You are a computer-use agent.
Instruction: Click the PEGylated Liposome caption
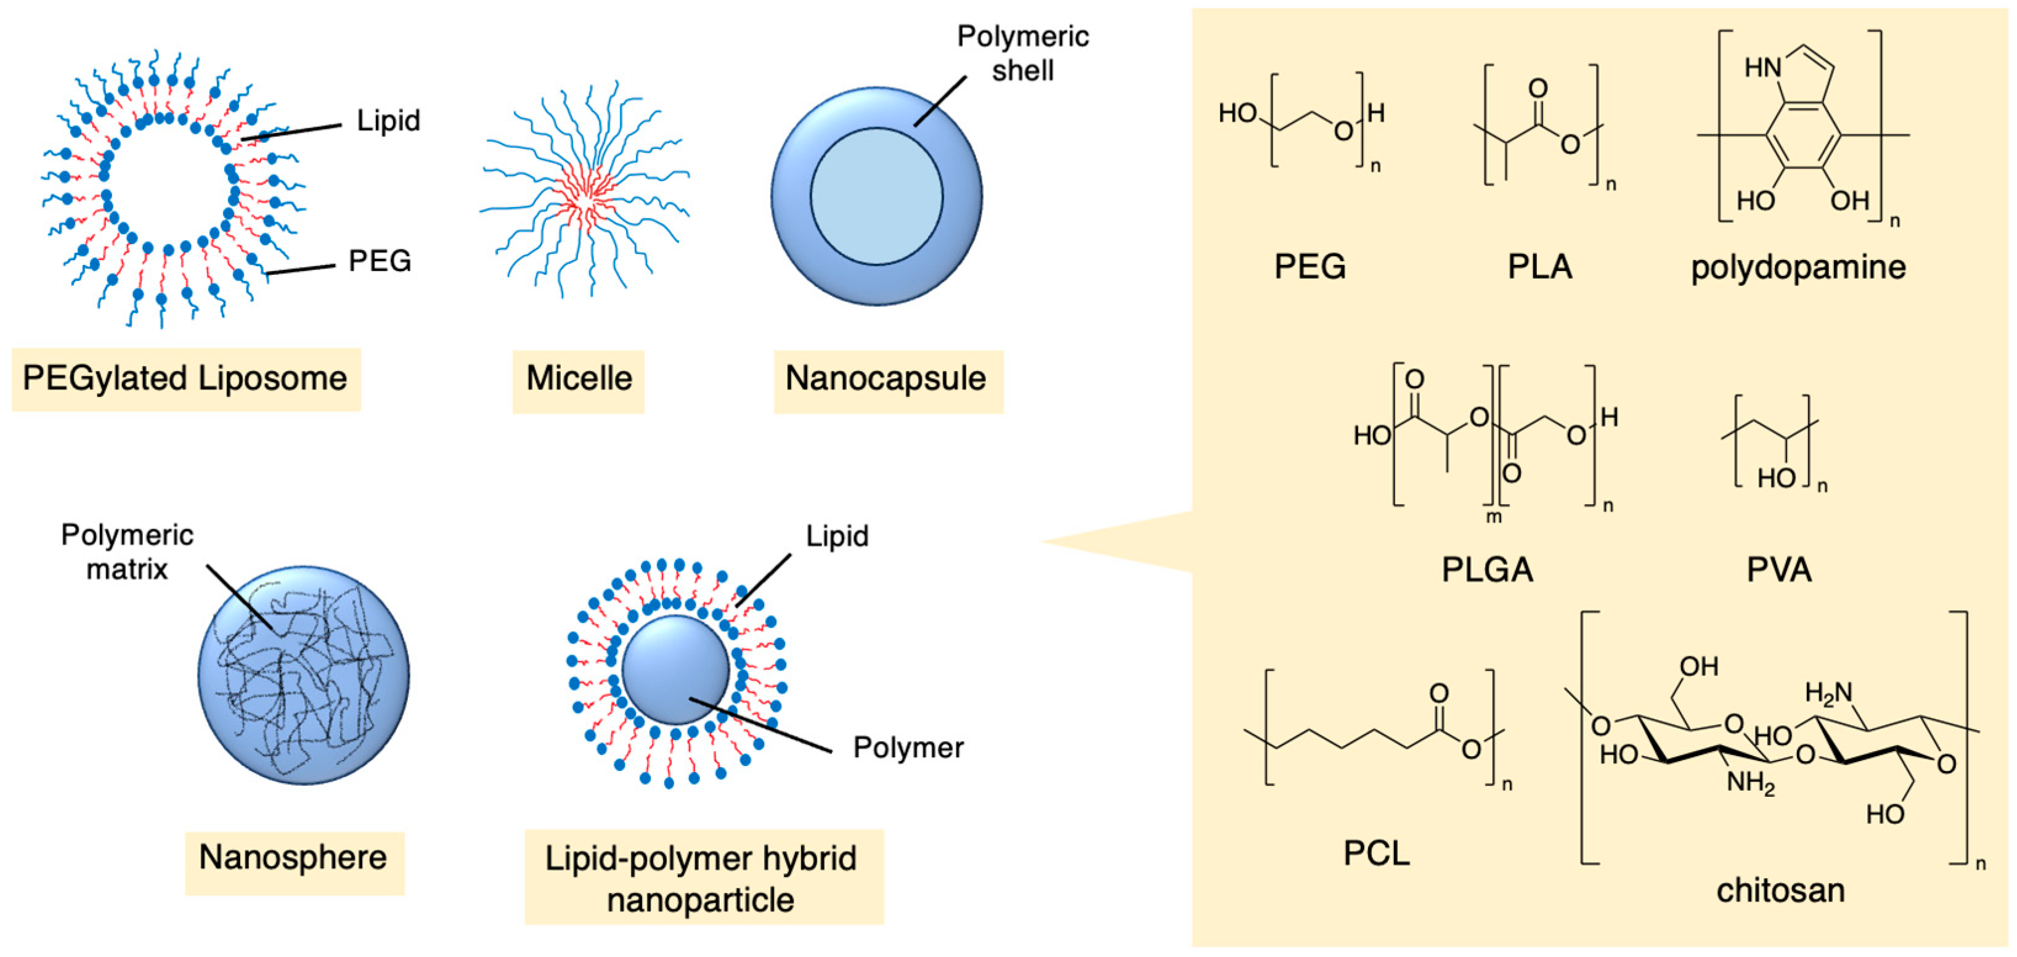(x=185, y=379)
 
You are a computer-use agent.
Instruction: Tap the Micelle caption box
(x=579, y=379)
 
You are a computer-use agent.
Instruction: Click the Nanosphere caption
(x=293, y=858)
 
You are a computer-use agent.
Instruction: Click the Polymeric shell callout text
(x=1022, y=53)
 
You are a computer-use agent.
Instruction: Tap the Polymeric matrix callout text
(x=127, y=552)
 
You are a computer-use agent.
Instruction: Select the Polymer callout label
(x=908, y=748)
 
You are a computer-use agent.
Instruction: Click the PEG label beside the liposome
(x=380, y=261)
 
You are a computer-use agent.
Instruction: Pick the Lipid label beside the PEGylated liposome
(x=388, y=121)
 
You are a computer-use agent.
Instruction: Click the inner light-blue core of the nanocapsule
(x=876, y=196)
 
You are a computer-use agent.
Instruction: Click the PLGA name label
(x=1487, y=570)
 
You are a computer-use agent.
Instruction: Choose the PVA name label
(x=1779, y=570)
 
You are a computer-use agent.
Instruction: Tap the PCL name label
(x=1377, y=853)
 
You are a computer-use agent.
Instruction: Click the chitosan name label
(x=1780, y=891)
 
